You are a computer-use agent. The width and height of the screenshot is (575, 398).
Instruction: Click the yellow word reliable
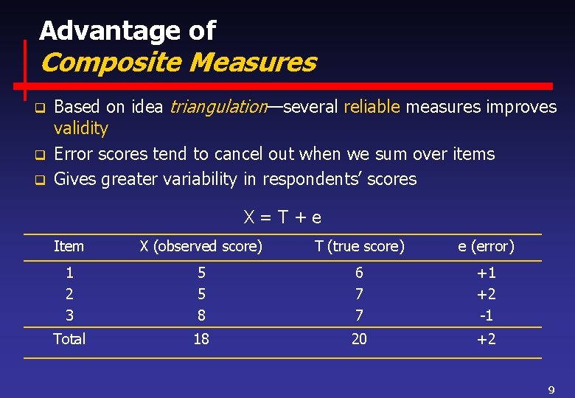pos(372,107)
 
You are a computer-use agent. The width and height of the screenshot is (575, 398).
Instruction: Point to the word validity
pos(81,128)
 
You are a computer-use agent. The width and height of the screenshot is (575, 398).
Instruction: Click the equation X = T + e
pos(283,217)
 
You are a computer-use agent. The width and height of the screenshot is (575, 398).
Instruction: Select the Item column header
pos(69,247)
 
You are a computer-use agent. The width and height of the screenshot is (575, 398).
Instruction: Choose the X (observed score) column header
pos(201,247)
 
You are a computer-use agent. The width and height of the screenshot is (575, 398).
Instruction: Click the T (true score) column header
pos(359,247)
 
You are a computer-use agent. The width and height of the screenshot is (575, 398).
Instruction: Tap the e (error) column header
pos(486,247)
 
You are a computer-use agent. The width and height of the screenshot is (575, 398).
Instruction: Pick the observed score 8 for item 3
pos(201,315)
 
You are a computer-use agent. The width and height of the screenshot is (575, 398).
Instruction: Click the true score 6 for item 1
pos(359,273)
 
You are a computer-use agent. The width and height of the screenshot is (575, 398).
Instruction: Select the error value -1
pos(487,315)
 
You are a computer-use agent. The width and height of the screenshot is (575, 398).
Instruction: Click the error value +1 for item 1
pos(487,273)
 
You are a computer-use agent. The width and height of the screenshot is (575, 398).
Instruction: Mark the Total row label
pos(69,339)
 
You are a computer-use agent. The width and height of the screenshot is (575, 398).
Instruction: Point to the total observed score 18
pos(201,339)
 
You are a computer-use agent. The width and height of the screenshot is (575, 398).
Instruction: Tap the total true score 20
pos(359,339)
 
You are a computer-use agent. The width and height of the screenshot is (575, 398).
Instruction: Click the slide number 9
pos(551,389)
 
